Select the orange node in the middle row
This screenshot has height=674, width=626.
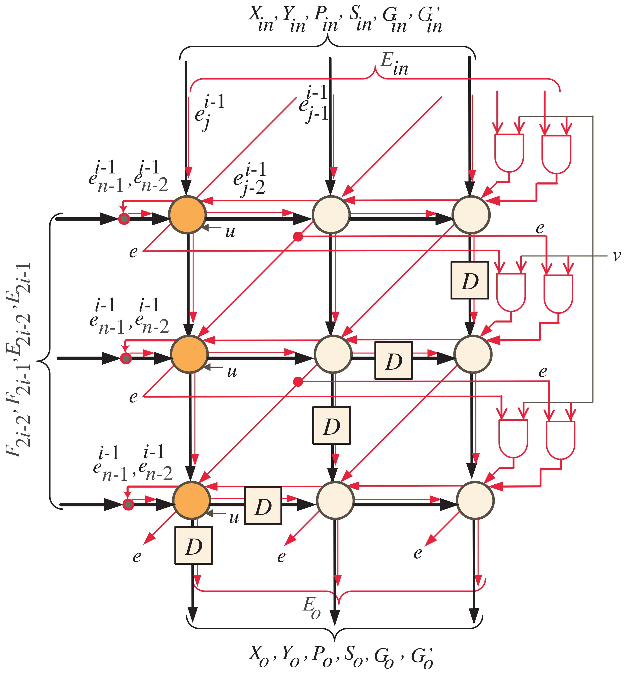(x=189, y=354)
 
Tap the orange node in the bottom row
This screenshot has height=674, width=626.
(x=191, y=500)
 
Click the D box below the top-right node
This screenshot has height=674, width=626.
(x=469, y=280)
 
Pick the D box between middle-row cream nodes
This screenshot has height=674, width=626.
(x=393, y=360)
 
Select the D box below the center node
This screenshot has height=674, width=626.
(x=331, y=425)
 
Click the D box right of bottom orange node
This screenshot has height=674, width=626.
(x=263, y=506)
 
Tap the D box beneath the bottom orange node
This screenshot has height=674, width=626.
(x=193, y=545)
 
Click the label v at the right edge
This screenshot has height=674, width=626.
(x=617, y=256)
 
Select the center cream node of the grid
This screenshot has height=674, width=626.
(x=333, y=354)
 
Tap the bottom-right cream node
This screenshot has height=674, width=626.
(x=475, y=500)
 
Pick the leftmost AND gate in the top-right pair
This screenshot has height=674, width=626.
(x=509, y=152)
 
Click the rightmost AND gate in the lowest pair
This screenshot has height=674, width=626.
(x=560, y=439)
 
